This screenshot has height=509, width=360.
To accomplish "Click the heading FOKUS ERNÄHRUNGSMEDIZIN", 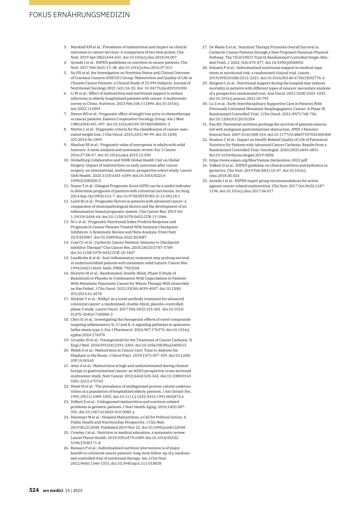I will pyautogui.click(x=79, y=15).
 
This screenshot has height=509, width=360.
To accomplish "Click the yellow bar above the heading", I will pyautogui.click(x=79, y=2).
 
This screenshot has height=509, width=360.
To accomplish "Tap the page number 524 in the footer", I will pyautogui.click(x=34, y=490).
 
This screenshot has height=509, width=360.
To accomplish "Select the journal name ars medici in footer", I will pyautogui.click(x=53, y=490).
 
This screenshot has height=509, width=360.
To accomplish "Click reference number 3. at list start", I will pyautogui.click(x=65, y=47).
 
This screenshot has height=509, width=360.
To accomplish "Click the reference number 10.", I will pyautogui.click(x=66, y=160).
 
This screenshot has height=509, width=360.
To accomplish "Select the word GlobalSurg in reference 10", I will pyautogui.click(x=80, y=160).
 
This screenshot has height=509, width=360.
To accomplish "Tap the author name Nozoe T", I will pyautogui.click(x=78, y=186).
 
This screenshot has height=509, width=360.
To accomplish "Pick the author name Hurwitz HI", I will pyautogui.click(x=80, y=273).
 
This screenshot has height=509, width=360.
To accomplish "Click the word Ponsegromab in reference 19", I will pyautogui.click(x=109, y=340).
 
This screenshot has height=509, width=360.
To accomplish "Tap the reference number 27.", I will pyautogui.click(x=205, y=47).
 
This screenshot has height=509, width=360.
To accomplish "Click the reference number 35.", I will pyautogui.click(x=205, y=181).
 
